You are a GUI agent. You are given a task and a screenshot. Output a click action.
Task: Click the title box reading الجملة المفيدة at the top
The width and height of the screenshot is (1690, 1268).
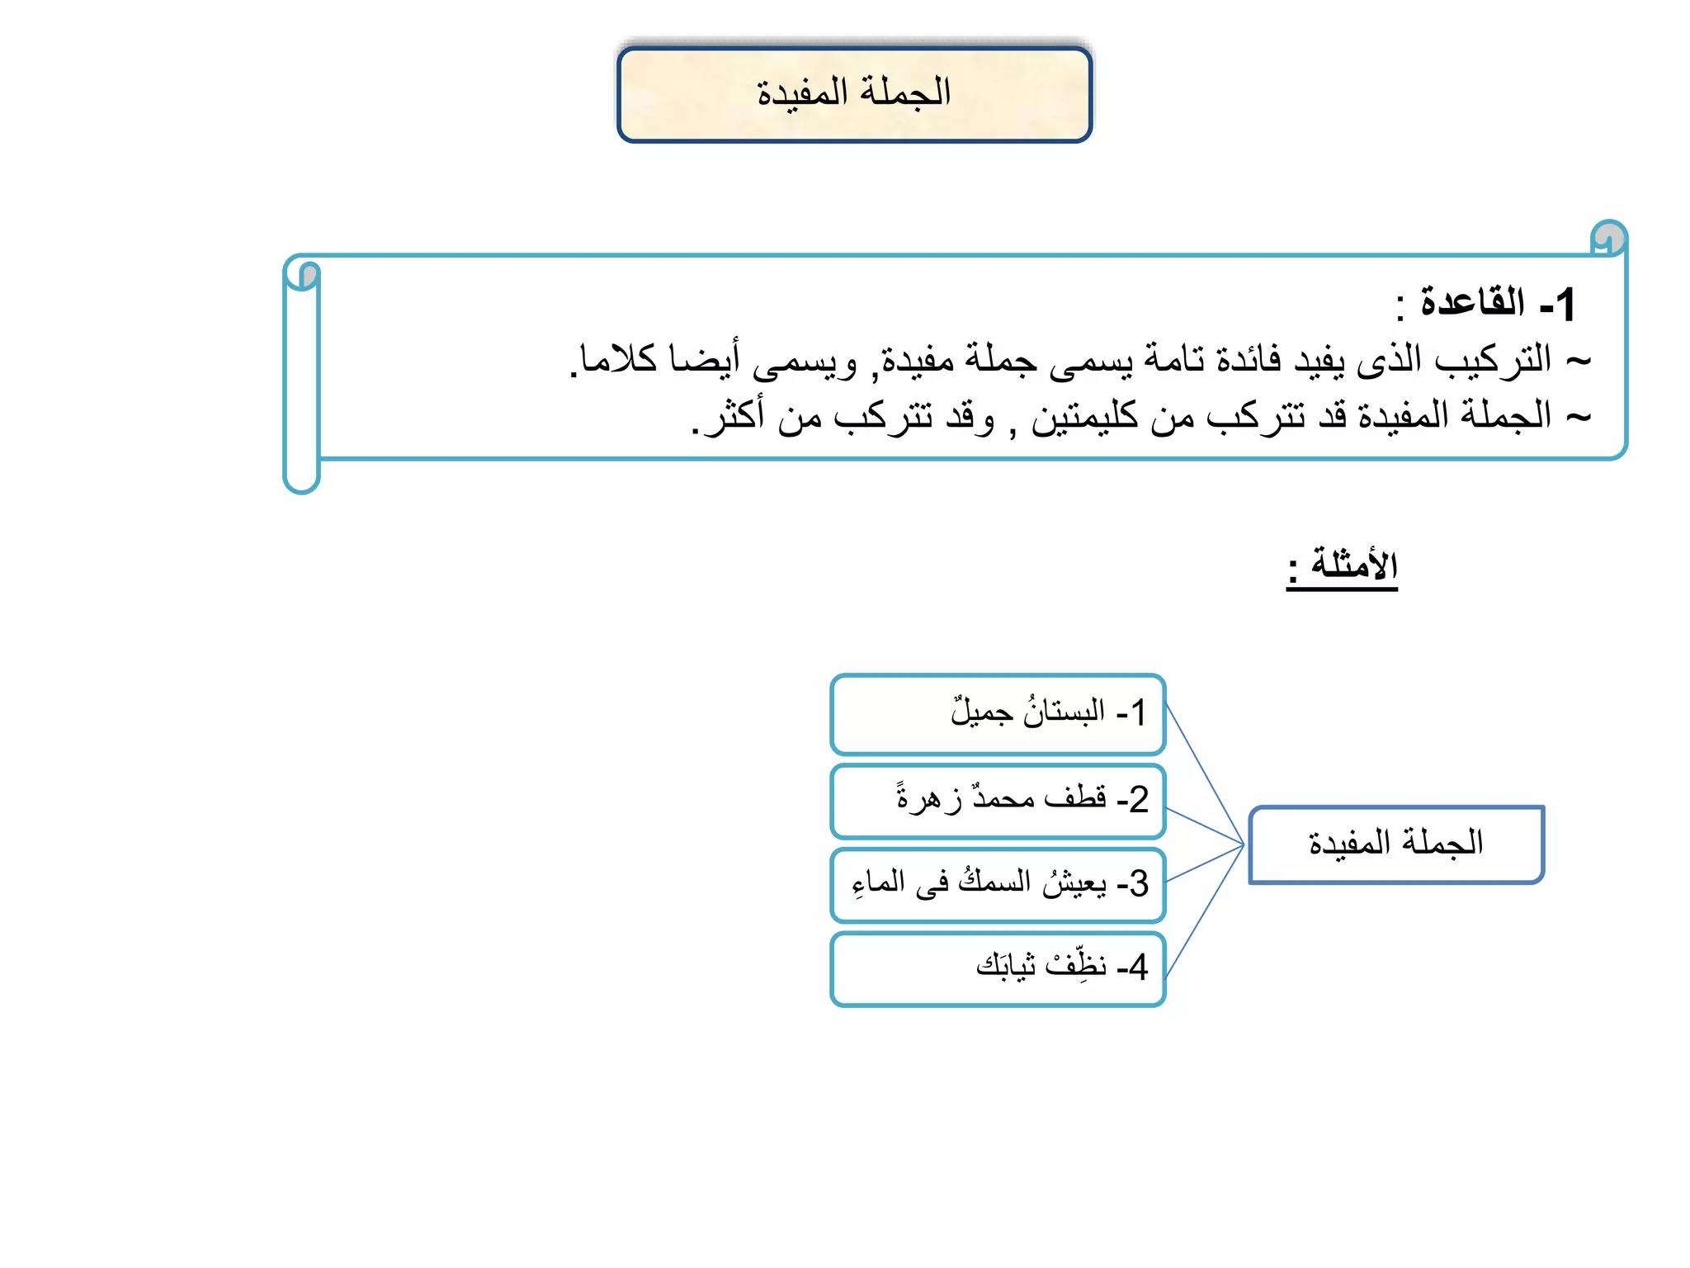coord(854,94)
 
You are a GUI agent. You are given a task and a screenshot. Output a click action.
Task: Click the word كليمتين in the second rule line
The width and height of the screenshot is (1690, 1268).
coord(1084,415)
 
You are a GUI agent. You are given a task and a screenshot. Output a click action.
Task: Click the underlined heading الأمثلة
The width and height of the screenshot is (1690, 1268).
coord(1353,565)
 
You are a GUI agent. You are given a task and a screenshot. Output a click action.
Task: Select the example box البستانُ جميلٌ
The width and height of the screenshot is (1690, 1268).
coord(998,714)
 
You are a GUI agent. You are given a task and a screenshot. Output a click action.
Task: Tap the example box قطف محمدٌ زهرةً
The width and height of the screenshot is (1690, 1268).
coord(998,801)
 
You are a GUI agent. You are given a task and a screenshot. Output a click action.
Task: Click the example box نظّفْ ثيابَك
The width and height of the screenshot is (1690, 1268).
coord(998,968)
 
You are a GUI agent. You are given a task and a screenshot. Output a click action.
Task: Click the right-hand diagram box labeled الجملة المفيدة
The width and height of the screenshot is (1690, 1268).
coord(1395,844)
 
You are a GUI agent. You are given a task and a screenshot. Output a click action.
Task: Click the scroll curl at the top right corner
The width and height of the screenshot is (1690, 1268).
coord(1608,238)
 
